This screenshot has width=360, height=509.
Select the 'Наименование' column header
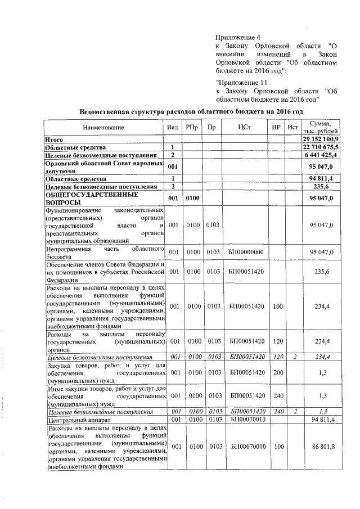tap(103, 128)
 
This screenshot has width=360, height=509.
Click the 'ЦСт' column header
tap(246, 128)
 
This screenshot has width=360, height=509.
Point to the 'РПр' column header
tap(192, 128)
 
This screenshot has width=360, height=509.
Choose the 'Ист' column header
tap(292, 128)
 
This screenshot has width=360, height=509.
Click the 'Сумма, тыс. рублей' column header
tap(321, 128)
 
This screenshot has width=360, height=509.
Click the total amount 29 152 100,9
tap(321, 138)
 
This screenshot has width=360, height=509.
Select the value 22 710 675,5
tap(321, 146)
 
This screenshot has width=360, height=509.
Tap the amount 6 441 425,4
tap(322, 155)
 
